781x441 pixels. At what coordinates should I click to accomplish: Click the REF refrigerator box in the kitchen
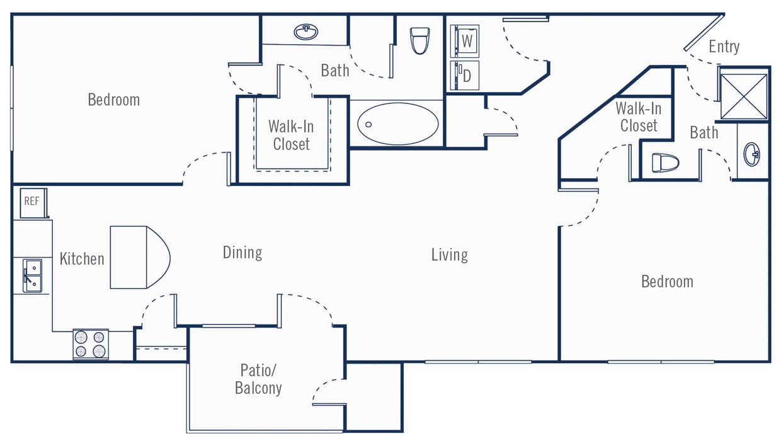(31, 202)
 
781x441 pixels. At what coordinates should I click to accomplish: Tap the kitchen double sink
(32, 276)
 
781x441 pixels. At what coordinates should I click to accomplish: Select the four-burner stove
(90, 344)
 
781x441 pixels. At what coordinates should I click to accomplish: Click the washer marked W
(465, 42)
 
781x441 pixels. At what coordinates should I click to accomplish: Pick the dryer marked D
(465, 76)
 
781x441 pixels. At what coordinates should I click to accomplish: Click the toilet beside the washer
(419, 40)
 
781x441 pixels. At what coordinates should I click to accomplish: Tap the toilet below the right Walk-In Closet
(666, 163)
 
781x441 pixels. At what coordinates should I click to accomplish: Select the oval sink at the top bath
(306, 31)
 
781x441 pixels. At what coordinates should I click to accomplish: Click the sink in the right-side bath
(752, 154)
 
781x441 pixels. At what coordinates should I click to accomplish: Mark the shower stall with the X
(744, 96)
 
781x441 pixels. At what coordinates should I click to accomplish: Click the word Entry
(724, 47)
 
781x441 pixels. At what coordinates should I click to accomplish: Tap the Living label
(449, 255)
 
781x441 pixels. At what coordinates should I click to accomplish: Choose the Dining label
(242, 253)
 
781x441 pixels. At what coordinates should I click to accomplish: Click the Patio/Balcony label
(258, 379)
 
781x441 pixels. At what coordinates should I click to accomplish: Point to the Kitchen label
(82, 258)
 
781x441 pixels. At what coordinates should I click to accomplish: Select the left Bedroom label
(113, 100)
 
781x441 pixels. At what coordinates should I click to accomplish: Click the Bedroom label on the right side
(667, 281)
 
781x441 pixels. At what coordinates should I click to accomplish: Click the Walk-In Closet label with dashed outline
(291, 135)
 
